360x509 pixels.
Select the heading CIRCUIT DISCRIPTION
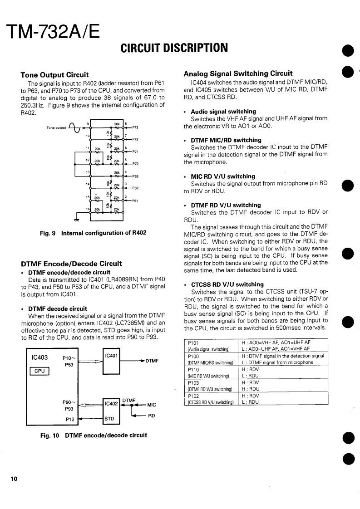pyautogui.click(x=174, y=48)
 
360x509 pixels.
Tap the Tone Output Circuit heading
pyautogui.click(x=55, y=75)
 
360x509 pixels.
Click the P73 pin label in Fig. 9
pyautogui.click(x=135, y=128)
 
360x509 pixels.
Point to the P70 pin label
pyautogui.click(x=135, y=163)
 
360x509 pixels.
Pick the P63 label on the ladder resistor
pyautogui.click(x=135, y=176)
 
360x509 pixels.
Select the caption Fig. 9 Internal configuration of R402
pyautogui.click(x=93, y=233)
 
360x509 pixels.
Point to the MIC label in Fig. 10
pyautogui.click(x=152, y=405)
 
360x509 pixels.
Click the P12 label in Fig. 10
pyautogui.click(x=70, y=419)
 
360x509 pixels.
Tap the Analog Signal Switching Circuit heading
pyautogui.click(x=238, y=73)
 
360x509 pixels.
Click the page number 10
pyautogui.click(x=14, y=479)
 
